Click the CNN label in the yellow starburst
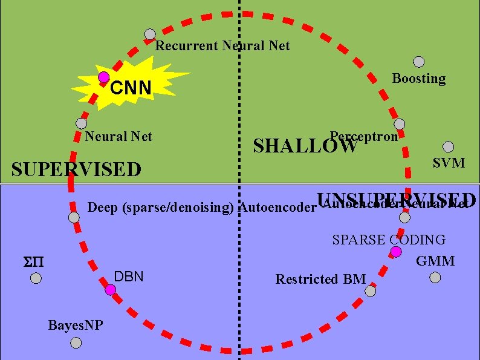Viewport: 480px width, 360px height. pos(131,89)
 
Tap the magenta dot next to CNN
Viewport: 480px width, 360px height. pos(104,77)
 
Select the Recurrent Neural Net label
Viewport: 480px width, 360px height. pos(222,46)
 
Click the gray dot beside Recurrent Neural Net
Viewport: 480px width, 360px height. pos(150,35)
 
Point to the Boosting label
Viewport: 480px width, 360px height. pos(419,79)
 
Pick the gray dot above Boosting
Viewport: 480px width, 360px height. pos(418,62)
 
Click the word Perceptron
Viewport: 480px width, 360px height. pos(364,136)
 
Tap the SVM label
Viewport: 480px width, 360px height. pos(449,163)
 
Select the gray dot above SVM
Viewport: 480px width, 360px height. pos(448,146)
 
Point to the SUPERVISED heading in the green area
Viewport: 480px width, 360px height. pos(76,169)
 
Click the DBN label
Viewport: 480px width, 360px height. pos(129,277)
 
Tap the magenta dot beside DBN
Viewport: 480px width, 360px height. pos(110,290)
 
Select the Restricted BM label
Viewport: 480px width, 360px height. pos(320,280)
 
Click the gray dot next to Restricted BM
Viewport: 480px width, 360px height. pos(371,291)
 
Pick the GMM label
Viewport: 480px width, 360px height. pos(435,261)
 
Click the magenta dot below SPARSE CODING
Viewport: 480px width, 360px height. pos(396,251)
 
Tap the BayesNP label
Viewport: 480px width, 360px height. pos(76,326)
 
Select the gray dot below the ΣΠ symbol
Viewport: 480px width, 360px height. pos(36,278)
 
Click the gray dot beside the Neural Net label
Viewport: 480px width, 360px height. pos(81,123)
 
